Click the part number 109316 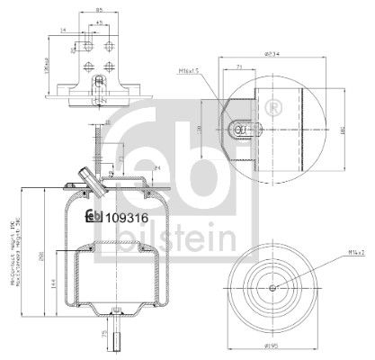click(125, 215)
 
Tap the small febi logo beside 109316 click(93, 215)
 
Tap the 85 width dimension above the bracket click(98, 11)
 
